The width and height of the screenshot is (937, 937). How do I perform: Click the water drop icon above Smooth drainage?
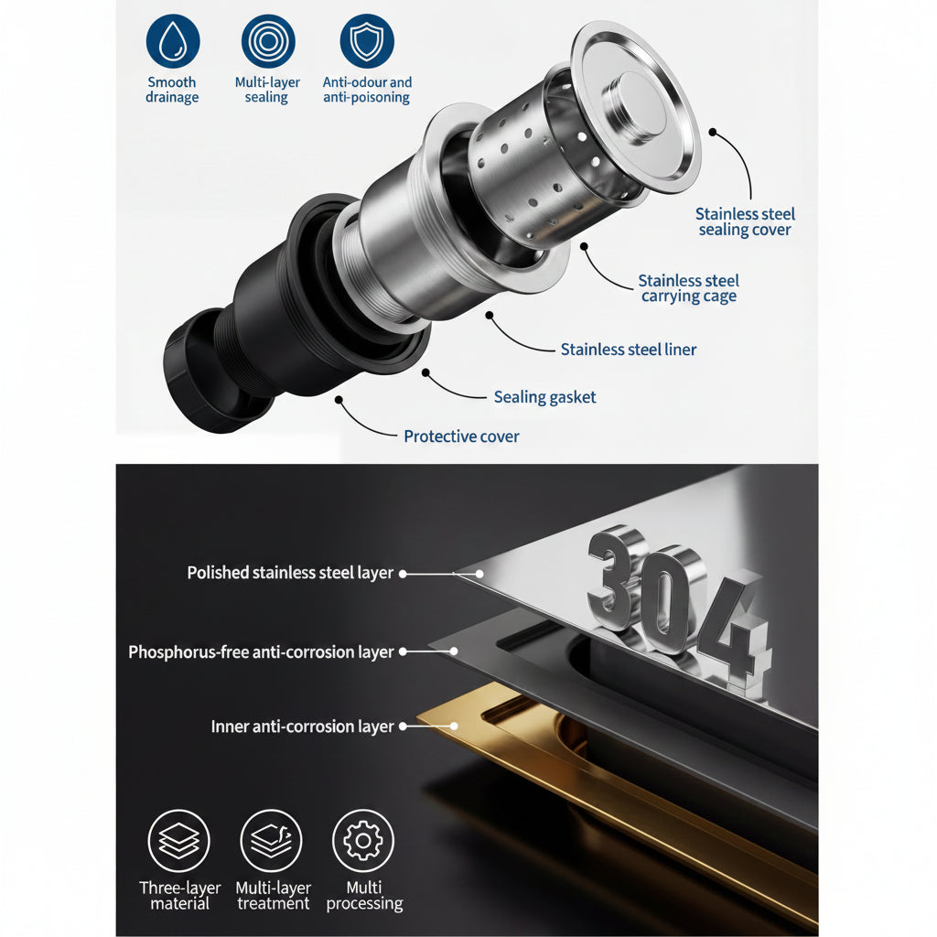pyautogui.click(x=173, y=41)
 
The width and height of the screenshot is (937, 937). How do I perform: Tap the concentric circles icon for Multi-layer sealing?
pyautogui.click(x=268, y=41)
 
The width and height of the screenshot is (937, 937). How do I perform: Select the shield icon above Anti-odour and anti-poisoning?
pyautogui.click(x=367, y=41)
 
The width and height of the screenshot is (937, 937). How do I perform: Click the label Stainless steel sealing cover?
pyautogui.click(x=745, y=221)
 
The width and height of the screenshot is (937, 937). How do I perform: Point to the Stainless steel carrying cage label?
pyautogui.click(x=688, y=288)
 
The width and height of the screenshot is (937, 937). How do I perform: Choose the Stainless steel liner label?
pyautogui.click(x=628, y=350)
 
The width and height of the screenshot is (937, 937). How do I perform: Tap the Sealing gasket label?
pyautogui.click(x=544, y=397)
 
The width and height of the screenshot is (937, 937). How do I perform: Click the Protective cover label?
pyautogui.click(x=461, y=436)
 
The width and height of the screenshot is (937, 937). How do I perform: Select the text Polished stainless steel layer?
pyautogui.click(x=290, y=573)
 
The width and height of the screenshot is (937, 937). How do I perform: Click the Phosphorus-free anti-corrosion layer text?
pyautogui.click(x=261, y=652)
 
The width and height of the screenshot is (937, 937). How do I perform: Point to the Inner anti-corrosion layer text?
pyautogui.click(x=302, y=727)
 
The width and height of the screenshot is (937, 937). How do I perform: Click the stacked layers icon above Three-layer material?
pyautogui.click(x=178, y=841)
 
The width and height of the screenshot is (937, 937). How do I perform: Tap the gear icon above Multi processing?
pyautogui.click(x=363, y=841)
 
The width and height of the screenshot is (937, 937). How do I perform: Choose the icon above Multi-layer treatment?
pyautogui.click(x=271, y=841)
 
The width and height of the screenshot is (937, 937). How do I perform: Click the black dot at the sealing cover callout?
pyautogui.click(x=712, y=132)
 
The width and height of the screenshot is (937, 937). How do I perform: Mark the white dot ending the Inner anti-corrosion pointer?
pyautogui.click(x=454, y=726)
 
